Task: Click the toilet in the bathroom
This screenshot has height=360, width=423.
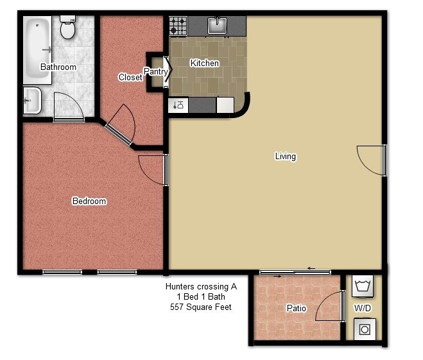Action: point(67,27)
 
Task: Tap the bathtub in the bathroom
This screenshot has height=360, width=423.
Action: point(37,50)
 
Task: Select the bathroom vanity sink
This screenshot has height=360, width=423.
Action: point(32,100)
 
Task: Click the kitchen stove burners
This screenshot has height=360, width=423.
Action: point(178,26)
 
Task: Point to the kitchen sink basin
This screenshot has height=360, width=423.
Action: point(217,26)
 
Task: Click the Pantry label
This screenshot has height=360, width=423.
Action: point(156,71)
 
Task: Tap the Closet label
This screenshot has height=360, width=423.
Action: point(130,77)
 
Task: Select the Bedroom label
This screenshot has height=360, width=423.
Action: point(89,201)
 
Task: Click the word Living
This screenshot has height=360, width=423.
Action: point(286,157)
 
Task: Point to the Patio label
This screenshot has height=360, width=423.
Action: point(296,308)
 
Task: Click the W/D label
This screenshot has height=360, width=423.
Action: point(363,307)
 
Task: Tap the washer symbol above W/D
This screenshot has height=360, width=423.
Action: point(363,286)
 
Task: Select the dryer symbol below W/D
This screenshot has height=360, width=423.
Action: point(365,329)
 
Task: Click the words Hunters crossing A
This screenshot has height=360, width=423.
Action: point(202,286)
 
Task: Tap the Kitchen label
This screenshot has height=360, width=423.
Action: point(205,63)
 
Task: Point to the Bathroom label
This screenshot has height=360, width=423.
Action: point(58,67)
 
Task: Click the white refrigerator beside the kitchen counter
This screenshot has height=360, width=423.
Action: point(225,105)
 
